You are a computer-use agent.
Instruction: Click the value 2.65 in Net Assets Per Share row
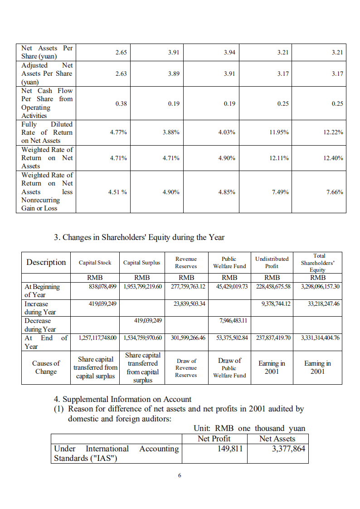121,53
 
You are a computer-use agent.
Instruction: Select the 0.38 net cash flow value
121,103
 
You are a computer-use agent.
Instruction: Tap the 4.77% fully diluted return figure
118,132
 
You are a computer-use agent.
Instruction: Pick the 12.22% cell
333,132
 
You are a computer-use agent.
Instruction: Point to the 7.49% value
280,192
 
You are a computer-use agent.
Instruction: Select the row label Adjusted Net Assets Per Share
47,73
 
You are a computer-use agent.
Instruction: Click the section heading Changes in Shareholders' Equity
139,237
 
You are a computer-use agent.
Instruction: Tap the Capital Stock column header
95,262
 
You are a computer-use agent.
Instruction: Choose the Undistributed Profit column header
272,262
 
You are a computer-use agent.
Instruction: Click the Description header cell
46,262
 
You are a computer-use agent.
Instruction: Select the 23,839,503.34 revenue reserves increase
186,304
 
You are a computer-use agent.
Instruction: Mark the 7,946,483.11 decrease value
229,320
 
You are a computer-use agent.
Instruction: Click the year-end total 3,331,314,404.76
317,338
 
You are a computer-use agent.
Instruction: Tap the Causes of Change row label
46,367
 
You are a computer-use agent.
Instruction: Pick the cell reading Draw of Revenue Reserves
186,368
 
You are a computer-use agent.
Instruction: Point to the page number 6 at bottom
180,475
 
